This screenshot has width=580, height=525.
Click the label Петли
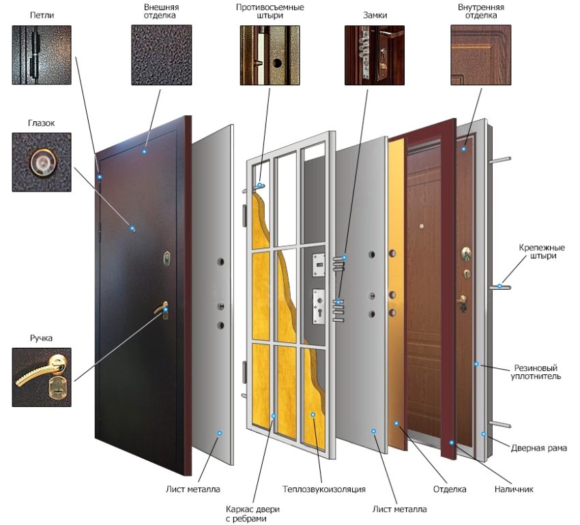pos(42,16)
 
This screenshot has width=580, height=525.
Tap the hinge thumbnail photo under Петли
pos(42,55)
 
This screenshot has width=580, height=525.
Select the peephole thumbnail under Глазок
pos(42,162)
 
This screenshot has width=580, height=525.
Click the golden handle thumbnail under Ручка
pos(42,377)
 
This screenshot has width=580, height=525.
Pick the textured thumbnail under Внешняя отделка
pos(161,55)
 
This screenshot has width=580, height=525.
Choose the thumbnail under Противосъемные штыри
pos(270,55)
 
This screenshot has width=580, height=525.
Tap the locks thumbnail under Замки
pos(375,55)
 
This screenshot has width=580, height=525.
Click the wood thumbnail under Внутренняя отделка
pos(481,55)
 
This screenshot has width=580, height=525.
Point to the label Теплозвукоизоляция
pos(324,489)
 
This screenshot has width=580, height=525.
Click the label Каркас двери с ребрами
pos(253,514)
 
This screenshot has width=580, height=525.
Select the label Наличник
pos(514,489)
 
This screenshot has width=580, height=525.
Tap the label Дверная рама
pos(538,448)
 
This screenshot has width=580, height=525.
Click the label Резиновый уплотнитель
pos(536,372)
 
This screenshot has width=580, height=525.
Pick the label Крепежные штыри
pos(542,252)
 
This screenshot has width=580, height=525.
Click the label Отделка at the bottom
pos(450,489)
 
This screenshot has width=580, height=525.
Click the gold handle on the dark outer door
pos(162,310)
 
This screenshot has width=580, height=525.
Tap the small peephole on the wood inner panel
pos(421,226)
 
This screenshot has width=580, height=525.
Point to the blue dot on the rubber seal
pos(476,364)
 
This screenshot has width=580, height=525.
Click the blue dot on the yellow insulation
pos(313,415)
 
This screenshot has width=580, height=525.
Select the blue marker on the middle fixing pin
pos(499,286)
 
